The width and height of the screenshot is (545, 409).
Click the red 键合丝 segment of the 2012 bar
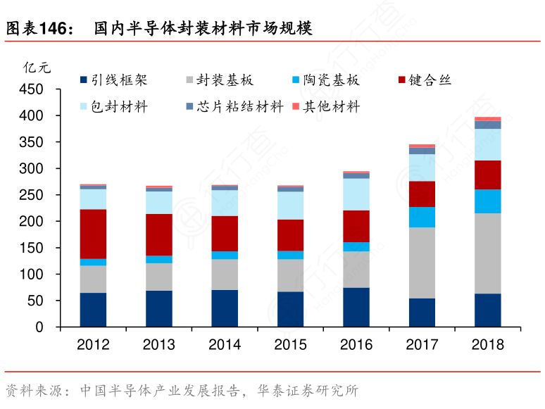point(93,234)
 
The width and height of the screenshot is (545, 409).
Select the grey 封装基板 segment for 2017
point(422,263)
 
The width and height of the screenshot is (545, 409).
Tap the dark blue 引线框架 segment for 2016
point(356,307)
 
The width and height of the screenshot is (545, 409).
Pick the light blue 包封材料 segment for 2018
point(488,144)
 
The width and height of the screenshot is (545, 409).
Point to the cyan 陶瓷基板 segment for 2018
point(488,201)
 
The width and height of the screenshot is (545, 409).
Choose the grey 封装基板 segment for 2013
point(159,277)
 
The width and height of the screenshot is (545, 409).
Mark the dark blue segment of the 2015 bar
point(290,309)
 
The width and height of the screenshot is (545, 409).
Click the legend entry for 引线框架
point(114,80)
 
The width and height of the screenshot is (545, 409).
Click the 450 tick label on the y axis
point(32,89)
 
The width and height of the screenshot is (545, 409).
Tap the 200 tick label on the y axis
point(32,222)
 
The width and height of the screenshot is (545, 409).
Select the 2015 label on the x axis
point(290,345)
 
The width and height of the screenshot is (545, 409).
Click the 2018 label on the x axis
point(488,345)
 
